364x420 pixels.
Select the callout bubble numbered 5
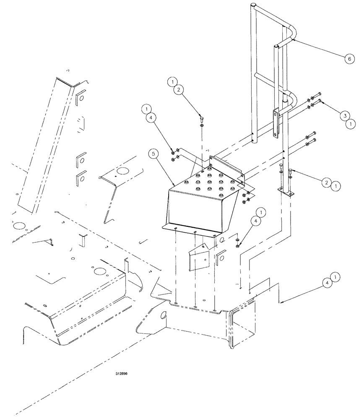pos(153,154)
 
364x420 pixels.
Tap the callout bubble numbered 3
pos(343,115)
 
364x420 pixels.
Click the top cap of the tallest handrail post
pos(254,5)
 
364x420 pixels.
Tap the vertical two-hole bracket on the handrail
pos(276,123)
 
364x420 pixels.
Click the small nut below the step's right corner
pos(238,245)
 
